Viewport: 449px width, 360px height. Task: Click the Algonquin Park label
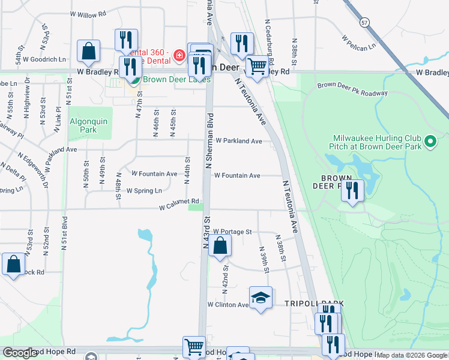click(x=88, y=125)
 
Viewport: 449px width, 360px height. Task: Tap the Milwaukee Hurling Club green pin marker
click(x=430, y=143)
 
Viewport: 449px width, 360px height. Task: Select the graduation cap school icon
click(x=260, y=298)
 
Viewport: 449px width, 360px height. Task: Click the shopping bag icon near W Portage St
click(x=220, y=245)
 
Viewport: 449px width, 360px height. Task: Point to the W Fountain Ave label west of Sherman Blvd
click(x=154, y=174)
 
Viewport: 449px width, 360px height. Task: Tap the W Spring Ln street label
click(x=144, y=191)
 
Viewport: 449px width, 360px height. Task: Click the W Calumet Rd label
click(x=179, y=205)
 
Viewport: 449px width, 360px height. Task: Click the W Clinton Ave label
click(x=228, y=305)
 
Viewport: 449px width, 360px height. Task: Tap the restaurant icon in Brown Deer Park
click(x=352, y=191)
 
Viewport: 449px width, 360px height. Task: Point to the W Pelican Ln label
click(x=358, y=41)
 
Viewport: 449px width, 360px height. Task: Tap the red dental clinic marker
click(x=178, y=56)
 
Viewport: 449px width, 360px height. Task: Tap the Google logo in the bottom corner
click(x=20, y=353)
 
